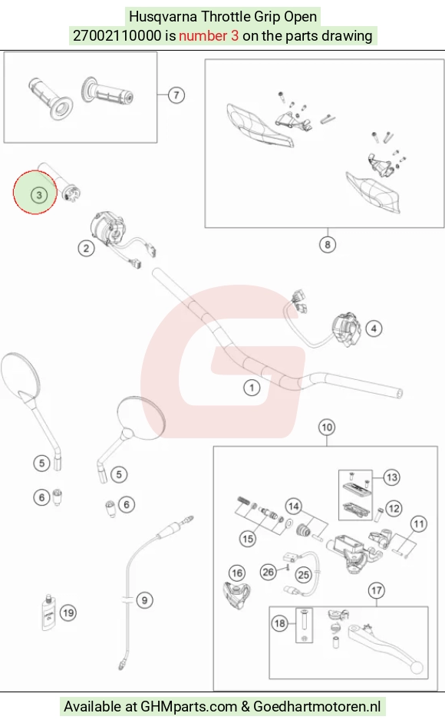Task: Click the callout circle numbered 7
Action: click(176, 95)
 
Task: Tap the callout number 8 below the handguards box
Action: click(328, 244)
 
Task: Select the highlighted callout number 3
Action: click(39, 195)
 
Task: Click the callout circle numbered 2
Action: click(86, 249)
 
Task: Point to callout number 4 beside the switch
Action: click(374, 328)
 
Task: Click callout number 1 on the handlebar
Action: click(252, 388)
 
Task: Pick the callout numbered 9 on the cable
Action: click(144, 600)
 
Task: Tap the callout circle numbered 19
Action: click(68, 612)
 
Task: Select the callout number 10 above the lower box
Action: click(327, 428)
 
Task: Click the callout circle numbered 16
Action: click(237, 573)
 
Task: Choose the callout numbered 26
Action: click(269, 573)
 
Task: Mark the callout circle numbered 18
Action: click(280, 624)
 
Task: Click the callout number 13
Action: click(392, 477)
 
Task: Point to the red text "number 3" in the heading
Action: click(209, 35)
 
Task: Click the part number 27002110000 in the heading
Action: click(117, 35)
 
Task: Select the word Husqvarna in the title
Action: click(163, 17)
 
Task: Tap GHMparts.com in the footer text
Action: click(188, 706)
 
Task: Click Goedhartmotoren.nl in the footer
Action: click(318, 706)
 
